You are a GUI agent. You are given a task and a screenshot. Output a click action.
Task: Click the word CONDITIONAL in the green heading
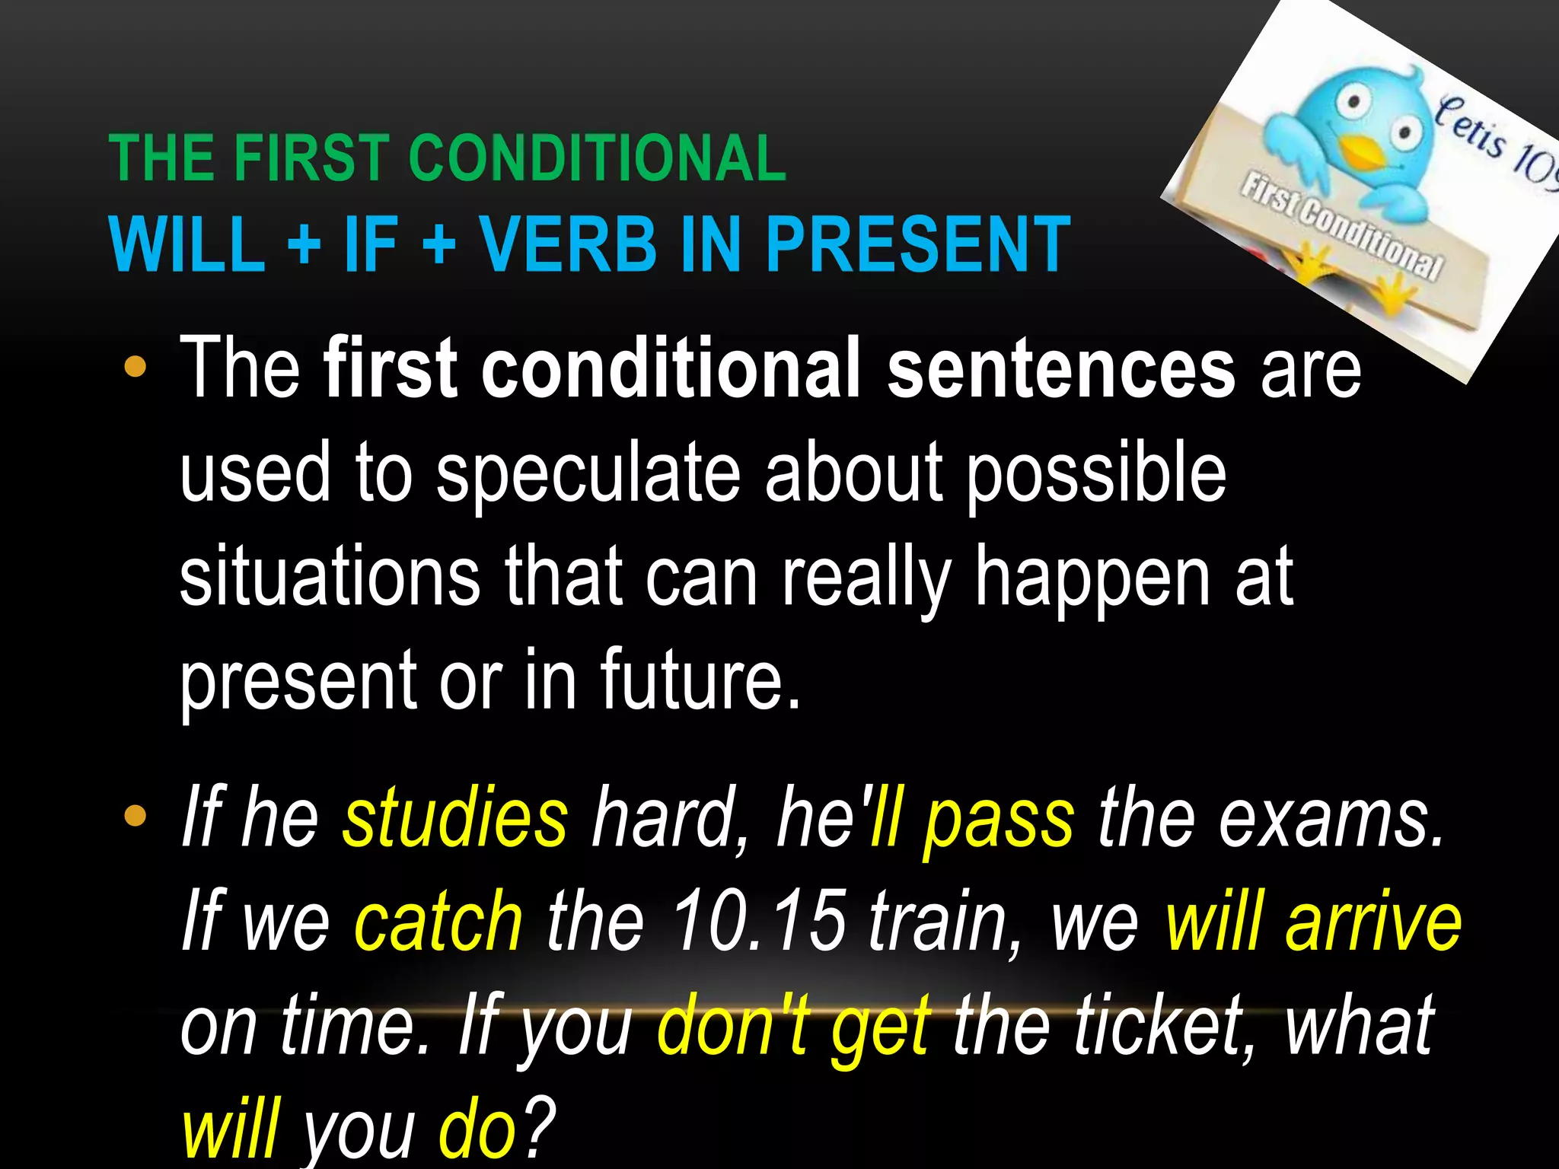tap(597, 158)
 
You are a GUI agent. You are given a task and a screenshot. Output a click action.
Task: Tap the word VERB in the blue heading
tap(567, 244)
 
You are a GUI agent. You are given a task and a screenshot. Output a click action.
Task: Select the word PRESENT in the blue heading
tap(917, 244)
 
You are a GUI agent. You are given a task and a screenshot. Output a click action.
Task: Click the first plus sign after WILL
tap(304, 246)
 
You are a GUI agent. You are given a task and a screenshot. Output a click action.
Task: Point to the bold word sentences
tap(1060, 369)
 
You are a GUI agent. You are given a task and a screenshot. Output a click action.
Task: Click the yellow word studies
tap(454, 819)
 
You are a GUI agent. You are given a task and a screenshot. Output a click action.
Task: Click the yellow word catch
tap(438, 922)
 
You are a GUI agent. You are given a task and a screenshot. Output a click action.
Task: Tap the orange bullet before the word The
tap(135, 368)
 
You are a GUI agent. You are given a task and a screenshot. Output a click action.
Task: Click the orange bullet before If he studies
tap(135, 817)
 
